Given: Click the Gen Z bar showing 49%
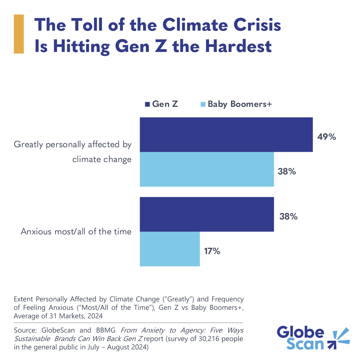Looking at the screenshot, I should click(226, 135).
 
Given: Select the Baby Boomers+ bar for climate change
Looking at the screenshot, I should click(207, 169).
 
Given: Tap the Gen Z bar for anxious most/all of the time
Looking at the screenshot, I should click(207, 214).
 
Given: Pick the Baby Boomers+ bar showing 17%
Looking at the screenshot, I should click(170, 249).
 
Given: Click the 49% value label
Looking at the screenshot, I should click(327, 137).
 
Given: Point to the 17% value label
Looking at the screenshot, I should click(212, 251).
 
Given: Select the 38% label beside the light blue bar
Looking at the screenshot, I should click(287, 172).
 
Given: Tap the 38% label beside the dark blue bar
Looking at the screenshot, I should click(288, 216).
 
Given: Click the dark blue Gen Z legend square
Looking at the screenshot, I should click(147, 104).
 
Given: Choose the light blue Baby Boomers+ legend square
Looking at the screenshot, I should click(203, 104).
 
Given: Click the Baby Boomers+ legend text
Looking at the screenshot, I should click(240, 104).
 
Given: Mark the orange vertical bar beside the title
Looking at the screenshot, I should click(19, 34).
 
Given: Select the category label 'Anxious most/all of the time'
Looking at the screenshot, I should click(76, 232).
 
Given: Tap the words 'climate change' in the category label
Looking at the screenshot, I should click(102, 159).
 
